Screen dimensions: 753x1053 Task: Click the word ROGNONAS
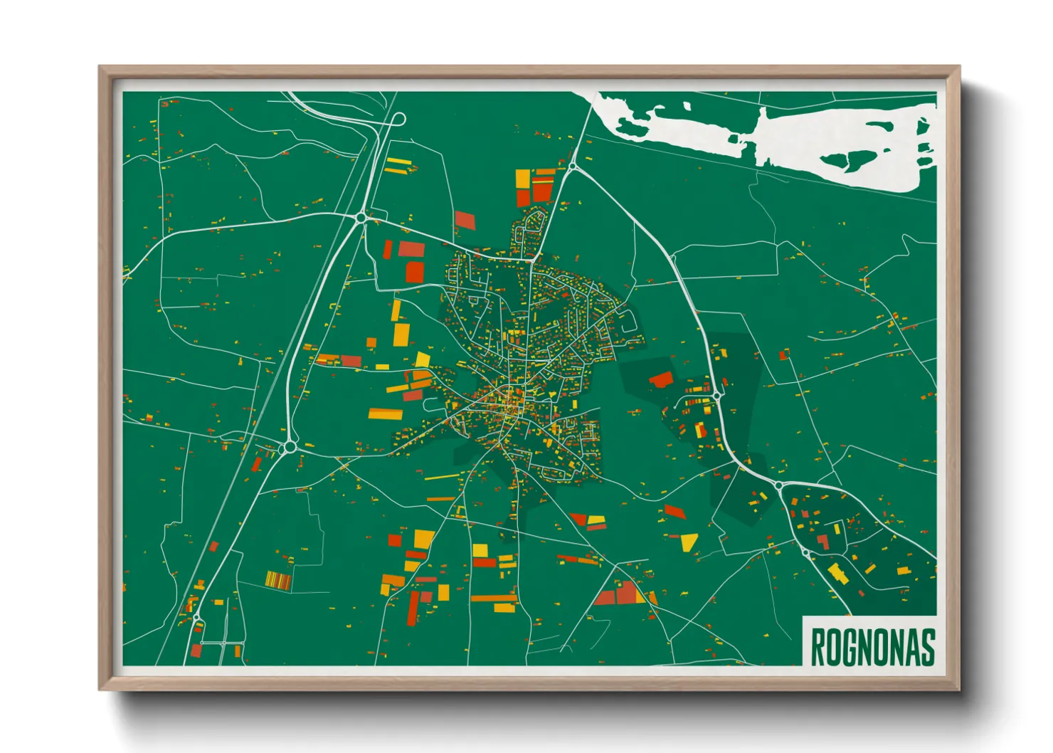(x=872, y=646)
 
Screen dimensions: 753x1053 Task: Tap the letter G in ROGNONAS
(x=847, y=646)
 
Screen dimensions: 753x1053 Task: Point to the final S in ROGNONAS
(x=926, y=646)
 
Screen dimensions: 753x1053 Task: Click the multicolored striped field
(x=278, y=581)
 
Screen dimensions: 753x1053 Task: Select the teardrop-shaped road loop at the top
(x=398, y=119)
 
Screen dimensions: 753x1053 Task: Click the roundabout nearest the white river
(x=571, y=167)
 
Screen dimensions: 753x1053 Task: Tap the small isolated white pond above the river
(x=687, y=106)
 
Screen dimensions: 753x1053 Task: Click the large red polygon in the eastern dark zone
(x=662, y=379)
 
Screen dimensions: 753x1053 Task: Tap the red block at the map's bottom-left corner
(x=196, y=650)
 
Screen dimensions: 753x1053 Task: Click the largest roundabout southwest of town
(x=289, y=447)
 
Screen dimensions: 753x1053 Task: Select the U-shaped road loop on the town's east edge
(x=625, y=322)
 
